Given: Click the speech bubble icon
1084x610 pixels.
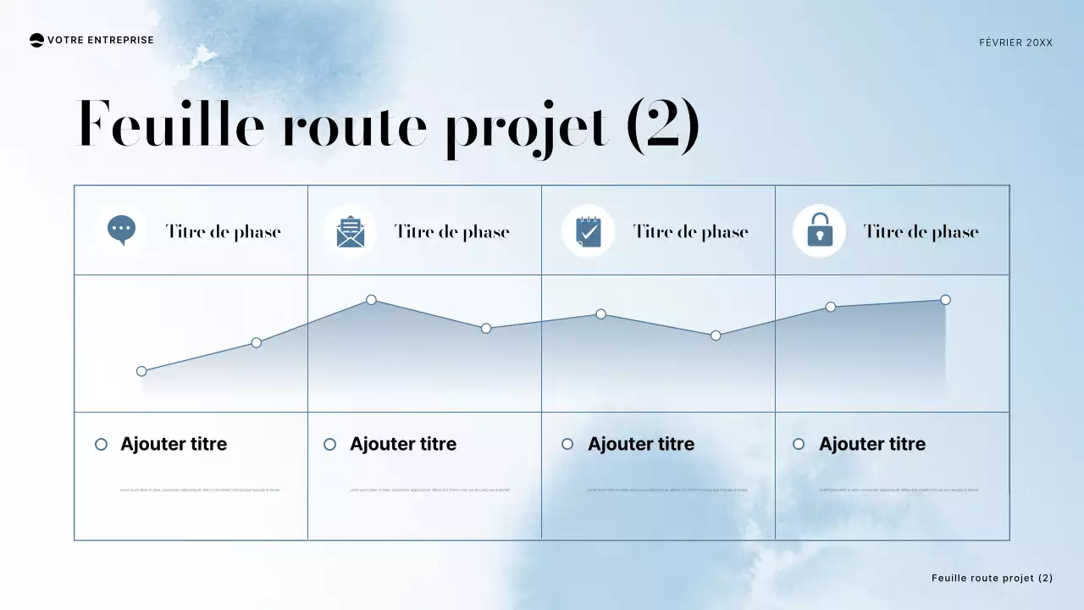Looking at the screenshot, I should click(x=122, y=230).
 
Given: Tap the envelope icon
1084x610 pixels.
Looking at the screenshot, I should click(x=350, y=231).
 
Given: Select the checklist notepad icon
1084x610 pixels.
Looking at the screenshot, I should click(x=588, y=231).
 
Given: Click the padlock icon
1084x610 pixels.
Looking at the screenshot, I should click(x=819, y=230).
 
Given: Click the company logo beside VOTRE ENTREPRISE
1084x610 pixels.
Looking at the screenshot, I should click(x=36, y=40).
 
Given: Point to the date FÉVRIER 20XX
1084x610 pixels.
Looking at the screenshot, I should click(x=1015, y=42).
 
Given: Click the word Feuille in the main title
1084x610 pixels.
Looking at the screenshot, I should click(x=170, y=125).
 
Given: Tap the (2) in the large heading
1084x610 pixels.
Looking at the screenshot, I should click(x=663, y=125).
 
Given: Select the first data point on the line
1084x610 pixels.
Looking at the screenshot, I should click(x=141, y=371).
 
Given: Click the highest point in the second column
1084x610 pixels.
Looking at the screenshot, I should click(x=371, y=300).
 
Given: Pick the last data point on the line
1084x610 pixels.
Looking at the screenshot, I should click(x=945, y=300).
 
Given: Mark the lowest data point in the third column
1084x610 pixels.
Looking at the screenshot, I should click(x=716, y=335).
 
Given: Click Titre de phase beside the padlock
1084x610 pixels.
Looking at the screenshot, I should click(x=921, y=231).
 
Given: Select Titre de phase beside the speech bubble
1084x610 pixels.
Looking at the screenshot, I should click(x=223, y=231).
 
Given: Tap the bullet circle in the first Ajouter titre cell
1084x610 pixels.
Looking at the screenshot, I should click(x=102, y=444).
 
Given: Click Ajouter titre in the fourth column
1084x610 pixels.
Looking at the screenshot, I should click(x=871, y=444).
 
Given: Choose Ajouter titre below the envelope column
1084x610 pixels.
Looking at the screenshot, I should click(x=402, y=444).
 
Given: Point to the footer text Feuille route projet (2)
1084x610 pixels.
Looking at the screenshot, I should click(x=992, y=578).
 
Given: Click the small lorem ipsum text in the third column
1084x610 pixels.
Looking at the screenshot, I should click(x=667, y=490).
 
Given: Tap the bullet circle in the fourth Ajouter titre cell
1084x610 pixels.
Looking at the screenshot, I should click(x=799, y=444).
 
